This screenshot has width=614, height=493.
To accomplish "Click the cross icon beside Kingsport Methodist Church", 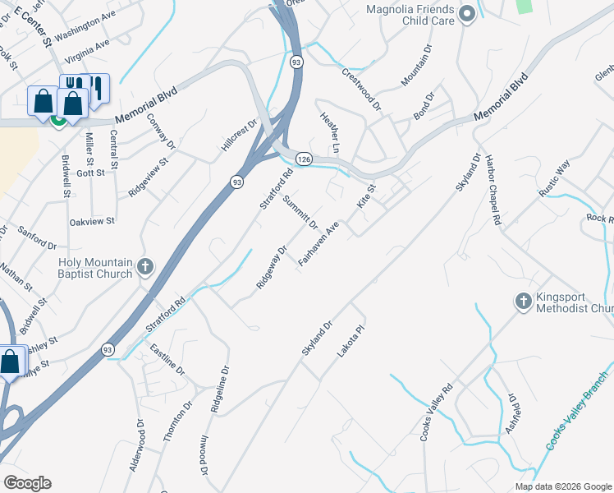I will click(523, 302).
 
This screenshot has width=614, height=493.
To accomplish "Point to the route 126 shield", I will click(304, 158).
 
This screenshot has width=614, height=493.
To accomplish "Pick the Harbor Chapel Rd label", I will click(493, 190).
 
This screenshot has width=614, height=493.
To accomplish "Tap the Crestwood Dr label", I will click(362, 89).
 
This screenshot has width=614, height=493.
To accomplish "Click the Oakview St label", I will click(92, 220).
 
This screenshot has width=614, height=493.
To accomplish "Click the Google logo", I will click(27, 483).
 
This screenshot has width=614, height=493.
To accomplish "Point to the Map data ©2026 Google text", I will click(563, 486).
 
